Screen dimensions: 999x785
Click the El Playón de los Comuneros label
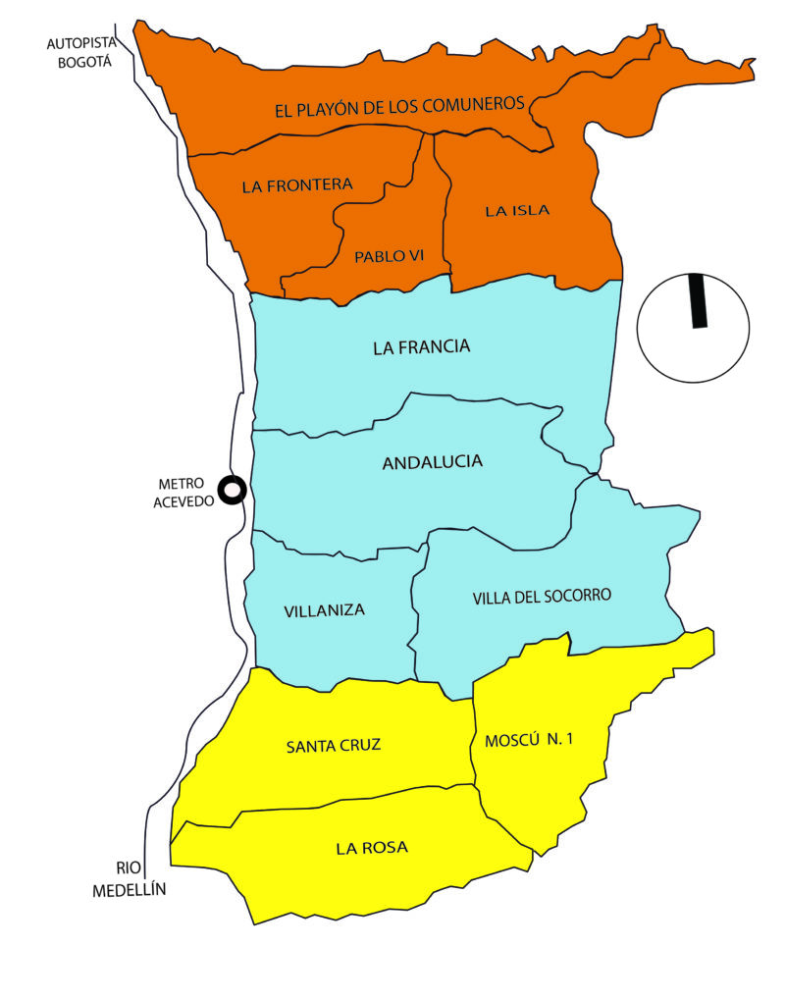pyautogui.click(x=400, y=107)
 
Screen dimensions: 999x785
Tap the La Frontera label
pyautogui.click(x=296, y=184)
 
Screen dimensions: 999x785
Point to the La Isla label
pyautogui.click(x=517, y=210)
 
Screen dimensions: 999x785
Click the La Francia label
pyautogui.click(x=422, y=346)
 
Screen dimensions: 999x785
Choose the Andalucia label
pyautogui.click(x=432, y=461)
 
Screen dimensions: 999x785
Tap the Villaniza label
pyautogui.click(x=324, y=609)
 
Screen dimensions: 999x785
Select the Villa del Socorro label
pyautogui.click(x=542, y=597)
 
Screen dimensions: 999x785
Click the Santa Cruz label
pyautogui.click(x=333, y=746)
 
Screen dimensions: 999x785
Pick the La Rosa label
pyautogui.click(x=371, y=848)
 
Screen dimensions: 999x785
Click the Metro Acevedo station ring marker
pyautogui.click(x=232, y=490)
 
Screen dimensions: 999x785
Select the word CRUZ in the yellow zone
pyautogui.click(x=360, y=746)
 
